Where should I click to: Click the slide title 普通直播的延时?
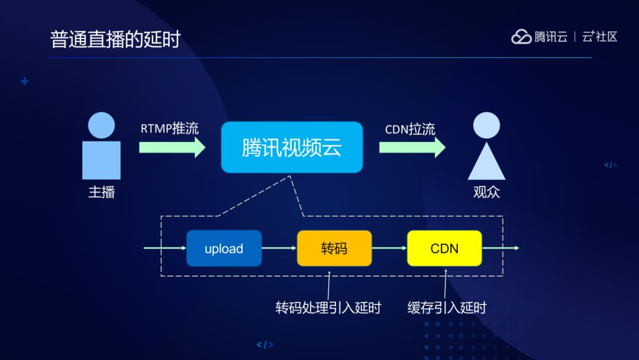[x=115, y=39]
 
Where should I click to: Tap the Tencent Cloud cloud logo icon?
[x=521, y=37]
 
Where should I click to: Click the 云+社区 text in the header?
[x=599, y=37]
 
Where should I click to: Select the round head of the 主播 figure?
[x=101, y=125]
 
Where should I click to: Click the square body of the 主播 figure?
[x=101, y=160]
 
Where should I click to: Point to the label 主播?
[x=101, y=192]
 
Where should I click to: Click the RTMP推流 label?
[x=170, y=128]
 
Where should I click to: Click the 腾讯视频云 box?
[x=292, y=147]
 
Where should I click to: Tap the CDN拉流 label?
[x=410, y=129]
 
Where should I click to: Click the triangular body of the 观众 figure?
[x=486, y=163]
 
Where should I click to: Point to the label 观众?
[x=486, y=192]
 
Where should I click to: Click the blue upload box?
[x=224, y=249]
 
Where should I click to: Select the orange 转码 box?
[x=334, y=249]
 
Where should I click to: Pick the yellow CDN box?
[x=444, y=249]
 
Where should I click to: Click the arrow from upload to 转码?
[x=279, y=248]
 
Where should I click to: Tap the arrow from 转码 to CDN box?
[x=389, y=248]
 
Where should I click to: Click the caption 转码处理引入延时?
[x=328, y=308]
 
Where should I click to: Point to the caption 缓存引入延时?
[x=447, y=308]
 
